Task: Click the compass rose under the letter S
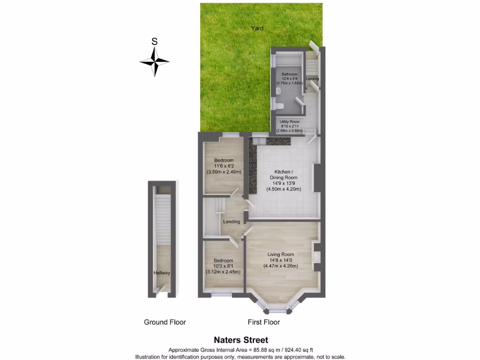tap(154, 61)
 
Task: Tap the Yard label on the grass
tap(257, 28)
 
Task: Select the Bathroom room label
tap(289, 74)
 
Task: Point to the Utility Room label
tap(290, 122)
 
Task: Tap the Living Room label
tap(280, 255)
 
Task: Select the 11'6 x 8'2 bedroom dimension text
tap(224, 166)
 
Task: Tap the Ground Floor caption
tap(165, 322)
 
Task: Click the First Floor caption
tap(264, 322)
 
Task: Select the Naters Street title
tap(241, 340)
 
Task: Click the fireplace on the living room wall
tap(317, 257)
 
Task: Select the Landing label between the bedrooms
tap(232, 222)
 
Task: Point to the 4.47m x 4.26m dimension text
tap(280, 266)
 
